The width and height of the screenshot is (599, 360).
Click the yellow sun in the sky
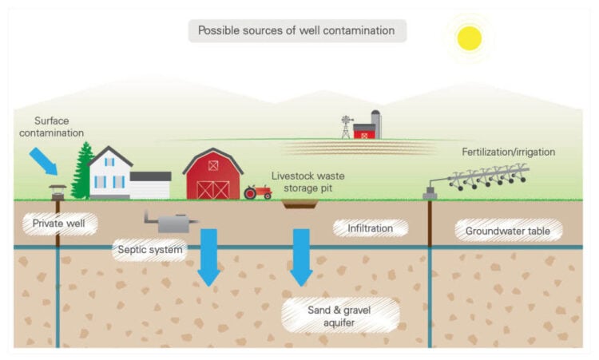[x=469, y=38]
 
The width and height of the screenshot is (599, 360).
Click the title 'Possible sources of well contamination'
[x=297, y=31]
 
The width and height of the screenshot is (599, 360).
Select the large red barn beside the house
[x=212, y=174]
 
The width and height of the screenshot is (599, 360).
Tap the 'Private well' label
[x=60, y=224]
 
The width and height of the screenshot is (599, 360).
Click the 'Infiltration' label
[x=370, y=228]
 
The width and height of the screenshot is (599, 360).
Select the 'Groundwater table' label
[x=508, y=231]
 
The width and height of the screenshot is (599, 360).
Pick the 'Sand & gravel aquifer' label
[x=341, y=315]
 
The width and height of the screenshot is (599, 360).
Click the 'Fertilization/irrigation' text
[x=508, y=151]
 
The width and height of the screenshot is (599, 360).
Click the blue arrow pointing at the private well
[x=43, y=160]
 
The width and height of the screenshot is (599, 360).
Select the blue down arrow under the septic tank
[x=208, y=255]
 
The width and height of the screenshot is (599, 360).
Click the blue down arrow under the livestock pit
[x=301, y=255]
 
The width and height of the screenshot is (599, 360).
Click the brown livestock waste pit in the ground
[x=300, y=204]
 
